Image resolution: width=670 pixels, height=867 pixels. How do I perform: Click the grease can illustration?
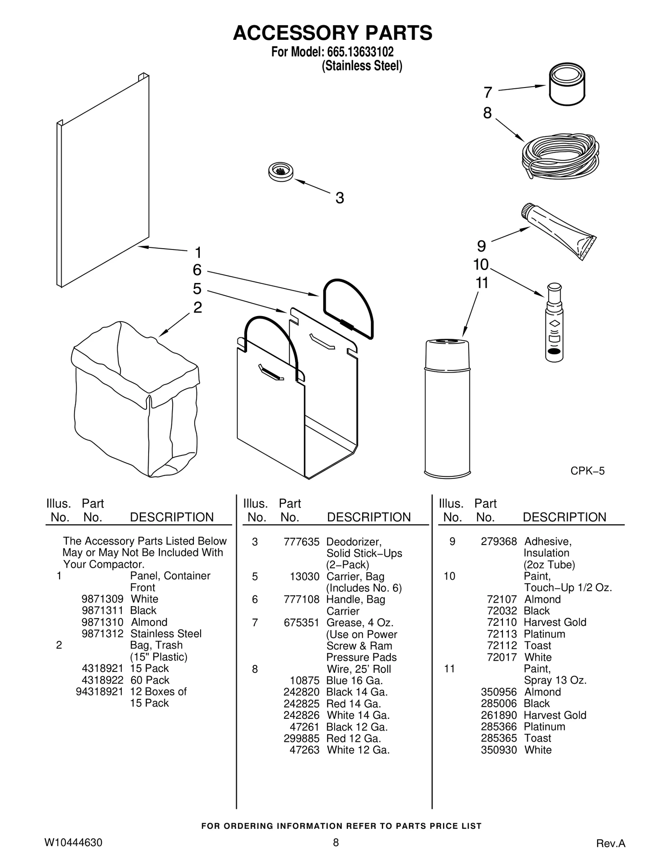[567, 85]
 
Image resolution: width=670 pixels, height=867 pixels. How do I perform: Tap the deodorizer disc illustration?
[281, 171]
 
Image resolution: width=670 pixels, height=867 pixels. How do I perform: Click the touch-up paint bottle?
[554, 324]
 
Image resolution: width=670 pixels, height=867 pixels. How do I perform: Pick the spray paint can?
[447, 408]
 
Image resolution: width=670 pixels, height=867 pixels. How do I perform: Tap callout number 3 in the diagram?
[340, 198]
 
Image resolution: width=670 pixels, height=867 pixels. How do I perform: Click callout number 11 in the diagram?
[482, 283]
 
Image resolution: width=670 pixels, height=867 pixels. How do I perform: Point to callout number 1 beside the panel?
[198, 252]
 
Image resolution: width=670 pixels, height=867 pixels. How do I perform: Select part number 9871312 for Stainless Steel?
[103, 634]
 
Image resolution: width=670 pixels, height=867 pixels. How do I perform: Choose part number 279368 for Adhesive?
[498, 541]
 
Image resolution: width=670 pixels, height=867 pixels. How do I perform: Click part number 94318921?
[99, 692]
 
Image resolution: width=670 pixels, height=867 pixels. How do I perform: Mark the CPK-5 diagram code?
[587, 471]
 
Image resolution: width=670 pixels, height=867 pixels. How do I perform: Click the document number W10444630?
[73, 842]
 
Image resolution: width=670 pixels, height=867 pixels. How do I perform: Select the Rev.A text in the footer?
[611, 844]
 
